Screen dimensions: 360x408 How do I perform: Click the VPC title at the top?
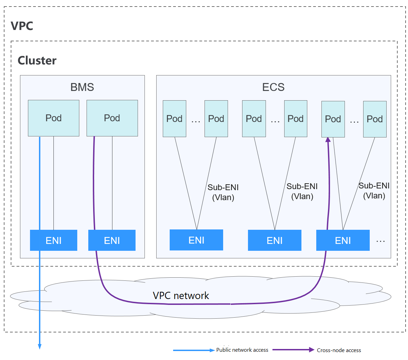pyautogui.click(x=22, y=26)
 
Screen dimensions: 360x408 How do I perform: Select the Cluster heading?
pyautogui.click(x=37, y=60)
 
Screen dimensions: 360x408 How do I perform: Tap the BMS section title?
pyautogui.click(x=82, y=87)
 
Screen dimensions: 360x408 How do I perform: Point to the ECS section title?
pyautogui.click(x=273, y=87)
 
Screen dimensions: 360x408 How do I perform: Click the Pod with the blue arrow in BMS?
pyautogui.click(x=53, y=118)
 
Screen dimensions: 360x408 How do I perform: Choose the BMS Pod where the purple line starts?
pyautogui.click(x=112, y=118)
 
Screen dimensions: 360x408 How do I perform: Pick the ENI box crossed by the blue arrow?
pyautogui.click(x=53, y=240)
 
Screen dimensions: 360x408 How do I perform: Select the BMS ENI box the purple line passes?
pyautogui.click(x=112, y=240)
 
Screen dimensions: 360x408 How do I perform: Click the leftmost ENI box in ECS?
pyautogui.click(x=196, y=240)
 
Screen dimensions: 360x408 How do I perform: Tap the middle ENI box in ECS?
pyautogui.click(x=275, y=240)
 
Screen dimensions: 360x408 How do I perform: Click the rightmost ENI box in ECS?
pyautogui.click(x=343, y=240)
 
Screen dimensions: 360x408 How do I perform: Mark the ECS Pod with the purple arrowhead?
pyautogui.click(x=333, y=119)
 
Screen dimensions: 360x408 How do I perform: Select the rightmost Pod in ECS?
pyautogui.click(x=375, y=119)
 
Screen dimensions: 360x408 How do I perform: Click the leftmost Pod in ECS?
pyautogui.click(x=174, y=119)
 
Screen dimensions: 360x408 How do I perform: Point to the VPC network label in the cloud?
pyautogui.click(x=181, y=296)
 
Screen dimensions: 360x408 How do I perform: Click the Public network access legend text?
pyautogui.click(x=242, y=350)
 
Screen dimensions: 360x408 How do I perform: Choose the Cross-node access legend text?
pyautogui.click(x=339, y=350)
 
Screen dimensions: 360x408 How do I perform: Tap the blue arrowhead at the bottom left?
pyautogui.click(x=40, y=346)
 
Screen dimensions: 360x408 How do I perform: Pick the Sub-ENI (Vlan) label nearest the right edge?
pyautogui.click(x=374, y=191)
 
